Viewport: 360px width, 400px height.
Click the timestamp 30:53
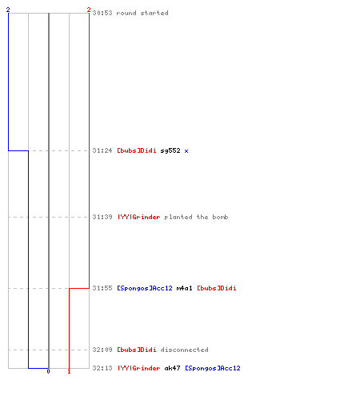point(102,13)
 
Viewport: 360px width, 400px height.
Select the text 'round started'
point(142,13)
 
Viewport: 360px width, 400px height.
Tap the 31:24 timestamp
point(102,150)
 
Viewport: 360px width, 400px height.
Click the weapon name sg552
point(170,150)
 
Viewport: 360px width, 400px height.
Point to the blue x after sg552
point(186,151)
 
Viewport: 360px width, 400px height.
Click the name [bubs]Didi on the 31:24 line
point(137,150)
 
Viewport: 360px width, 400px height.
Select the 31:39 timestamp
point(102,217)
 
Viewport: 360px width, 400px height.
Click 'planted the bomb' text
point(196,217)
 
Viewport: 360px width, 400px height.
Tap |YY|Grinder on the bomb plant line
point(139,217)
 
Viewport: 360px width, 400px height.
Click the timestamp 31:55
point(102,288)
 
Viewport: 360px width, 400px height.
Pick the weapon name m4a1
point(184,288)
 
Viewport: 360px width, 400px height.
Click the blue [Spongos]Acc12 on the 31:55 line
point(145,288)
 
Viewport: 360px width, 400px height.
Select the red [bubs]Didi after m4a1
point(217,288)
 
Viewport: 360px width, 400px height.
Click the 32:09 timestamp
point(102,350)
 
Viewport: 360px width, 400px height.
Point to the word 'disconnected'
point(185,350)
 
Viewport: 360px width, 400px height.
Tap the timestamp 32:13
point(102,368)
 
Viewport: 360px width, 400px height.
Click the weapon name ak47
point(172,368)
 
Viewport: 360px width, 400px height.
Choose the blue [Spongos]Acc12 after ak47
point(213,368)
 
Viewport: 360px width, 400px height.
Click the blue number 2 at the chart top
point(8,10)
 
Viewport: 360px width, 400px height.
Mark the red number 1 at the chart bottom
point(69,371)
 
